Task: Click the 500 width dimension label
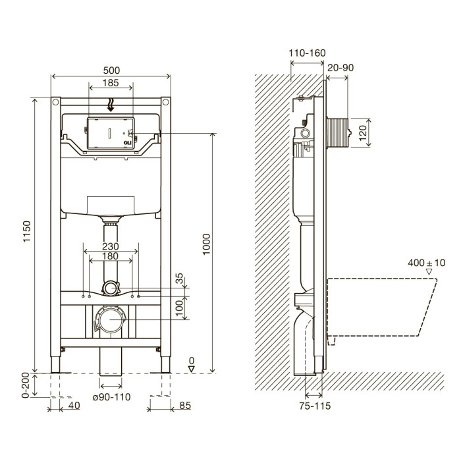click(111, 70)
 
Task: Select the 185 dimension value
click(111, 83)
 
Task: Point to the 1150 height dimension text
click(27, 232)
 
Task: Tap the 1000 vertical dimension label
click(207, 244)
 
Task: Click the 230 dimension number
click(111, 246)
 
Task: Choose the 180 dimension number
click(110, 256)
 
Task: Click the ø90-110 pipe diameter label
click(111, 397)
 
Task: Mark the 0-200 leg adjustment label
click(26, 385)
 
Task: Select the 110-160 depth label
click(307, 53)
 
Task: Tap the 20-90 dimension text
click(340, 68)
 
